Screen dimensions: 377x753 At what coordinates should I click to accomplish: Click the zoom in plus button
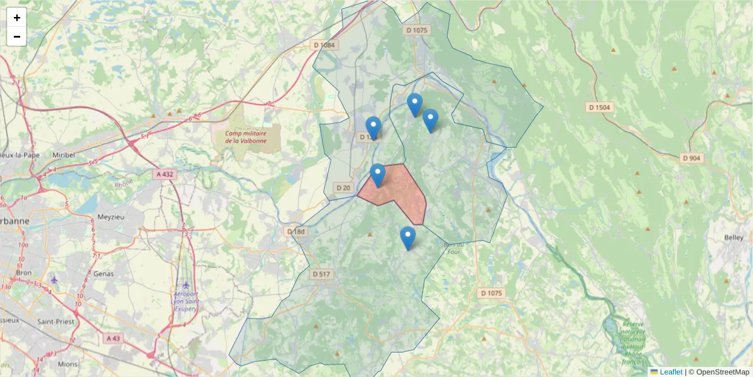point(17,18)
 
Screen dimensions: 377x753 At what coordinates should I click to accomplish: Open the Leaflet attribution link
point(670,372)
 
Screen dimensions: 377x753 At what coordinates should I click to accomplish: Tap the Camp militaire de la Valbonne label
point(245,137)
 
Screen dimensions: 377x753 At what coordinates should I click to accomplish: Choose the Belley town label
point(734,238)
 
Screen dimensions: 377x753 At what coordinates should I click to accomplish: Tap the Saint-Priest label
point(57,322)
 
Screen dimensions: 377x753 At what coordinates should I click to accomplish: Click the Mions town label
point(67,364)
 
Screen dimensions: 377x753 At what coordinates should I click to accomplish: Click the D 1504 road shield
point(599,107)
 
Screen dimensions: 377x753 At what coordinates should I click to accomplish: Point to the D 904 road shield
point(691,158)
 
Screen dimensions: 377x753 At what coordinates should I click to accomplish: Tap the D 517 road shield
point(321,274)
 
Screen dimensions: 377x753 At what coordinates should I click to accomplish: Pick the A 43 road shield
point(113,338)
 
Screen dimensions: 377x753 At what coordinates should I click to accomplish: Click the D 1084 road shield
point(324,45)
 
